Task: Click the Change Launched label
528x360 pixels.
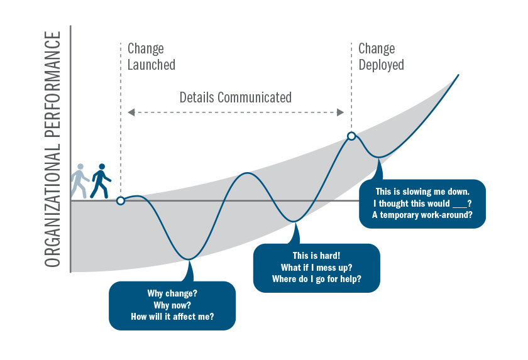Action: (151, 57)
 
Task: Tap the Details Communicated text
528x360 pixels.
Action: (236, 97)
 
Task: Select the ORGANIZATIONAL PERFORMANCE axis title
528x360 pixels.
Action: (53, 149)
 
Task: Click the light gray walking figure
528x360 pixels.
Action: (79, 181)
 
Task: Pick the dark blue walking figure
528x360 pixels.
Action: (100, 181)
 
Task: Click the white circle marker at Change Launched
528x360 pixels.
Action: (121, 201)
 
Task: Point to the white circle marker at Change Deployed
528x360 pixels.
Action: (351, 136)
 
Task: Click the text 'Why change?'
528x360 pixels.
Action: (172, 293)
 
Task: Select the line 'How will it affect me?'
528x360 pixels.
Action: (172, 317)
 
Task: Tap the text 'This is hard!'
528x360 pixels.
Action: (316, 256)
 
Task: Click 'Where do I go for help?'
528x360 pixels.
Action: (316, 279)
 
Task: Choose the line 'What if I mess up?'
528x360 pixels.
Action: (316, 268)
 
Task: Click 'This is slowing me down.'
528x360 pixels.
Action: (422, 191)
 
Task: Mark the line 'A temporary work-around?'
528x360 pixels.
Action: (422, 215)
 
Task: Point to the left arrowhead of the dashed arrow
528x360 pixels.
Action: (131, 112)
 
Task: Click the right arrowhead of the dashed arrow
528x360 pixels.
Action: (341, 112)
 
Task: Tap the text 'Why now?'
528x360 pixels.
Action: (172, 305)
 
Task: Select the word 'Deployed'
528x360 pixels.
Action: (381, 64)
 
